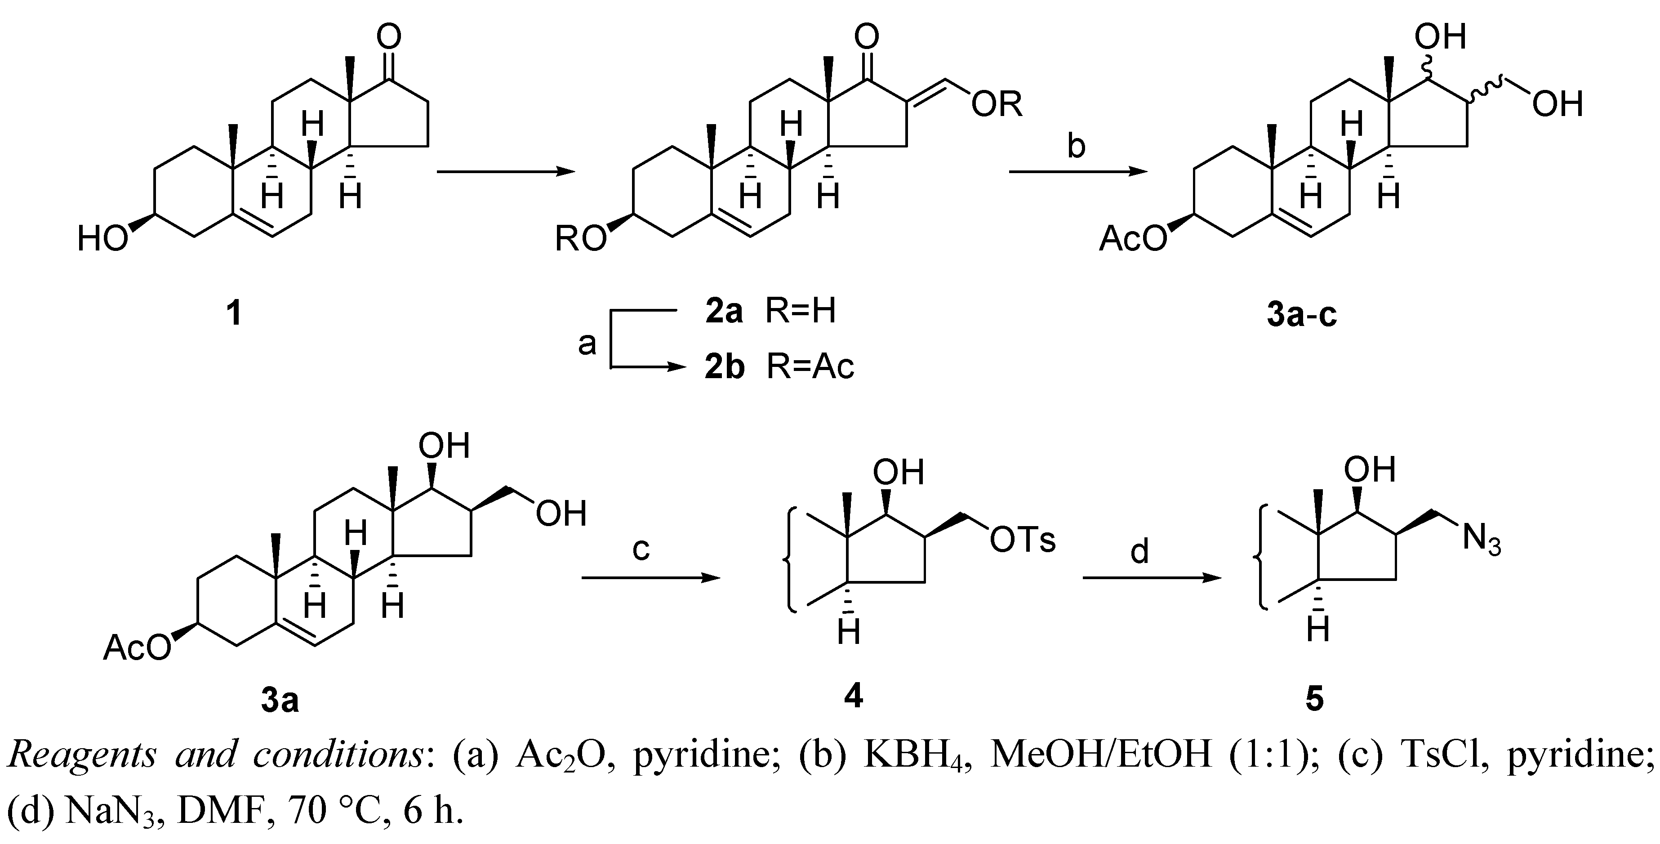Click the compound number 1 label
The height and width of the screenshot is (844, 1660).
point(234,314)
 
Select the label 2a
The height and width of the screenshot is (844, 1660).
point(724,312)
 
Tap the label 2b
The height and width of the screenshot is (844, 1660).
point(724,367)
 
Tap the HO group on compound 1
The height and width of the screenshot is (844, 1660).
point(102,240)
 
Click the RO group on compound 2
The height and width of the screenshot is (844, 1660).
point(581,240)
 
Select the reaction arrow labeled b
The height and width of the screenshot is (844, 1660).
point(1077,171)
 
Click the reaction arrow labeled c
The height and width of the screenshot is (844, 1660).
point(650,578)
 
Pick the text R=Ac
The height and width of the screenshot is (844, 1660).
point(810,367)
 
